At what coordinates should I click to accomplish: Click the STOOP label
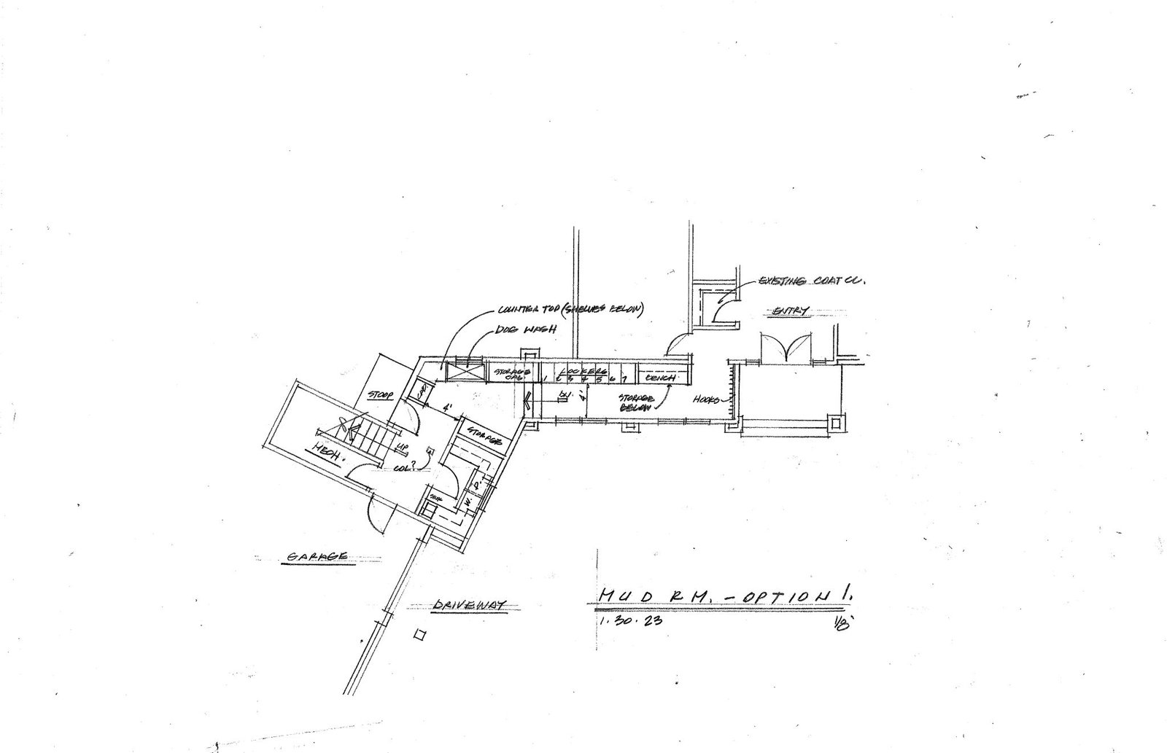pyautogui.click(x=381, y=397)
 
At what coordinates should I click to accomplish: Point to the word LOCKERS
pyautogui.click(x=584, y=370)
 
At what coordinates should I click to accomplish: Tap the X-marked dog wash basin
pyautogui.click(x=465, y=372)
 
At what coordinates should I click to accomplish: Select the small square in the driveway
pyautogui.click(x=419, y=635)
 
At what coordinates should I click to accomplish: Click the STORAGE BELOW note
pyautogui.click(x=634, y=403)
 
